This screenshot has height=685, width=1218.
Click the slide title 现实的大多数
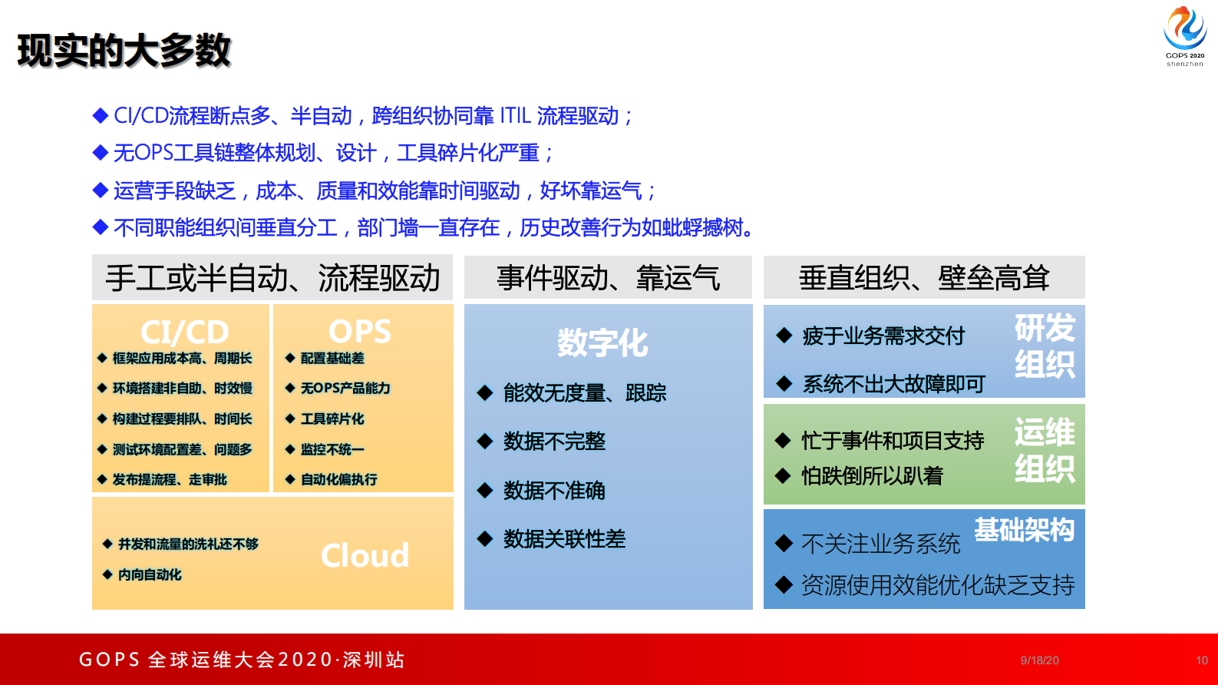pos(124,51)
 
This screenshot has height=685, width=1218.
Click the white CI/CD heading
pos(184,332)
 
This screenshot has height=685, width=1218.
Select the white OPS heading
pos(360,331)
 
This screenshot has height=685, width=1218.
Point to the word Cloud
pos(365,555)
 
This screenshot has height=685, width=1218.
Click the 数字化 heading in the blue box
pos(602,342)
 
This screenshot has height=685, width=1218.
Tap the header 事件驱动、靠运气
pos(608,278)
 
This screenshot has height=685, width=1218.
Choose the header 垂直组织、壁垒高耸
pos(924,278)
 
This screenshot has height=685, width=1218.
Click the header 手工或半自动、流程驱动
pos(272,278)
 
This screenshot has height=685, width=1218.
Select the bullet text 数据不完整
pos(554,442)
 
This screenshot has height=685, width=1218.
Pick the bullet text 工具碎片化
pos(332,419)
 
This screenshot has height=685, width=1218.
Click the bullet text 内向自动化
pos(150,574)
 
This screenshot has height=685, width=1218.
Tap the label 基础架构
pos(1024,529)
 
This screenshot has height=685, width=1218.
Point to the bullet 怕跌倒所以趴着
pos(872,476)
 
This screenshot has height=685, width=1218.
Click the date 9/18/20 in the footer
pos(1039,660)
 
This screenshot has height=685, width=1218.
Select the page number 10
pos(1201,660)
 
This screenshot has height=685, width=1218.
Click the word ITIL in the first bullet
pos(515,116)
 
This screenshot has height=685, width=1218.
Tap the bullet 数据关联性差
pos(564,539)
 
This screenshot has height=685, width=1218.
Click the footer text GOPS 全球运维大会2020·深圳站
pos(242,660)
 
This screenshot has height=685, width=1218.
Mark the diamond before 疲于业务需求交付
pos(784,336)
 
